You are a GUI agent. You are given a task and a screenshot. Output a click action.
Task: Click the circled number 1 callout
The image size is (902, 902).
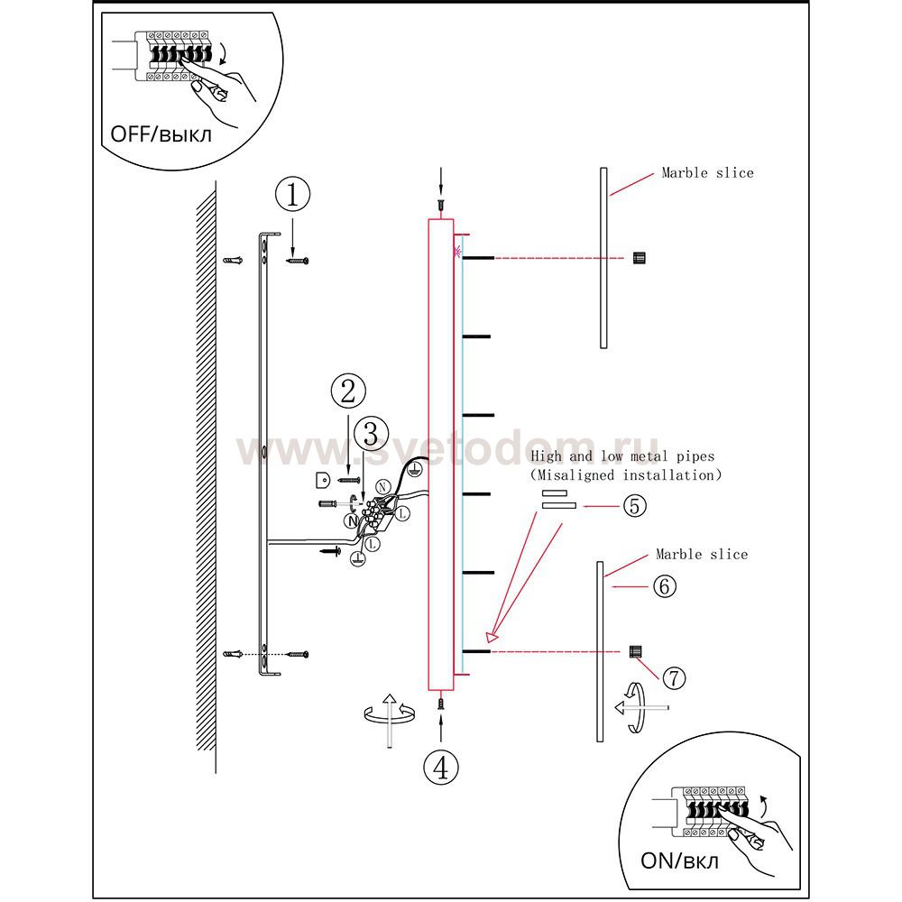click(x=292, y=195)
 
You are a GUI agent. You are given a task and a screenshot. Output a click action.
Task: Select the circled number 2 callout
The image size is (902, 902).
click(x=348, y=391)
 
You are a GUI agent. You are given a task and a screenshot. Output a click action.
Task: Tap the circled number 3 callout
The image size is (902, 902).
click(x=371, y=434)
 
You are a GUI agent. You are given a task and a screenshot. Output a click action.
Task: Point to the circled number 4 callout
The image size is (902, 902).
click(x=441, y=767)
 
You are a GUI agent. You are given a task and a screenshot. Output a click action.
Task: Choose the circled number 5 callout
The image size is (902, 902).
click(x=634, y=506)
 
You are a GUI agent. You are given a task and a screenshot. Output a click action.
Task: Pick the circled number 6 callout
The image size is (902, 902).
click(x=665, y=587)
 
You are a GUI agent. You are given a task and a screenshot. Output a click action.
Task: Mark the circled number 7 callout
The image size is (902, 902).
click(x=674, y=677)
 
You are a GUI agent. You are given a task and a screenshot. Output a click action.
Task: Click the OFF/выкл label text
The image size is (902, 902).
click(x=161, y=134)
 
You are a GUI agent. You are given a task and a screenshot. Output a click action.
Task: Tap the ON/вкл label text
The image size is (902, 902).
click(x=679, y=861)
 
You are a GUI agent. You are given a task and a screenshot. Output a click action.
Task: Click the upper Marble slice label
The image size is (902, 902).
click(x=707, y=172)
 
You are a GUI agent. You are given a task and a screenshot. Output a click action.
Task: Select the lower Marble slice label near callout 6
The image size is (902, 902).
click(x=702, y=554)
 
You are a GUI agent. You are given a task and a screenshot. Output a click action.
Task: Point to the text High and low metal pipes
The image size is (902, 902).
click(x=622, y=456)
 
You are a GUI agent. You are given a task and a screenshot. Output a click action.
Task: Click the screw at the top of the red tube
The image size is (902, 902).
click(x=441, y=204)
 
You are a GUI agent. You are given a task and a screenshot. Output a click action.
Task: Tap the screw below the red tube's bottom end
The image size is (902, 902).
click(x=441, y=703)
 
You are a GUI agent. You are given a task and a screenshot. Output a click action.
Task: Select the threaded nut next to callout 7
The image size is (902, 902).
click(x=636, y=652)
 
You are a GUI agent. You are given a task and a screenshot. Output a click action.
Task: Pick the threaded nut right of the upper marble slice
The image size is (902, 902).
click(x=640, y=258)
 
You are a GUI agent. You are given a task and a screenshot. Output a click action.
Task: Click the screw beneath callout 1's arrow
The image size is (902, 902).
click(x=298, y=262)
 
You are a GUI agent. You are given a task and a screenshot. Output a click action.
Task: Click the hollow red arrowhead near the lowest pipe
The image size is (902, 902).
click(x=491, y=637)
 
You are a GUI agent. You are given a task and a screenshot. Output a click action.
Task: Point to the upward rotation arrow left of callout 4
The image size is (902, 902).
click(x=390, y=719)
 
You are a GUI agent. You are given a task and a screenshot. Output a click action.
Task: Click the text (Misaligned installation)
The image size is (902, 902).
click(x=625, y=475)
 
